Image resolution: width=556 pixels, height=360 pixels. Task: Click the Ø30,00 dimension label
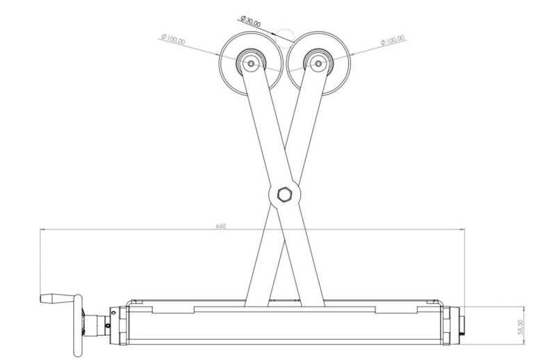[x=250, y=21]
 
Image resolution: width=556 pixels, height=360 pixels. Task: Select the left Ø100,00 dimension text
[x=173, y=39]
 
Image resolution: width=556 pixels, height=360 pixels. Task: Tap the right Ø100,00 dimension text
[x=392, y=40]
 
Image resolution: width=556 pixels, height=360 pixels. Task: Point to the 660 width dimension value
[x=220, y=226]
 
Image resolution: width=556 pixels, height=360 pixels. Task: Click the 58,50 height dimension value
[x=520, y=327]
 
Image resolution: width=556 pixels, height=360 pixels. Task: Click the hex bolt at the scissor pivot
[x=284, y=195]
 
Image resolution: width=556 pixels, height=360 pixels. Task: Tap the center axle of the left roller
[x=251, y=63]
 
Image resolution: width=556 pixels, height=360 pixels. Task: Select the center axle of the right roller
[x=318, y=63]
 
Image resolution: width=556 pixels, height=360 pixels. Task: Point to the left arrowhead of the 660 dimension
[x=43, y=229]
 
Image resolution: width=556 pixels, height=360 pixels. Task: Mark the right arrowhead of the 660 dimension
[x=461, y=229]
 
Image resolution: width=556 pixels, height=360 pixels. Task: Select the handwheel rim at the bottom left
[x=78, y=325]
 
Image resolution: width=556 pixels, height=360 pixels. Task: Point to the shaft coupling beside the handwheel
[x=96, y=326]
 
